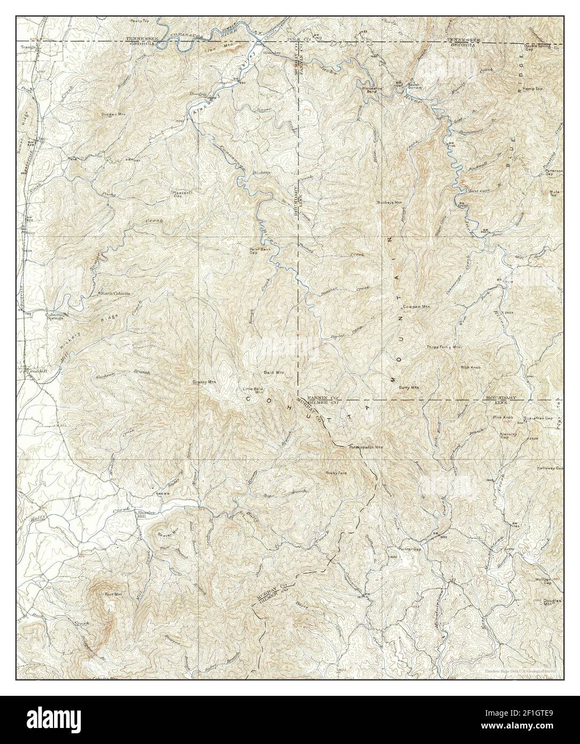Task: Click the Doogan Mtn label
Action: click(x=112, y=114)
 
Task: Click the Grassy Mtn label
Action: click(x=204, y=382)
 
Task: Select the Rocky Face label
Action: click(x=337, y=473)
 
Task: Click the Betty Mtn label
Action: click(x=408, y=386)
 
